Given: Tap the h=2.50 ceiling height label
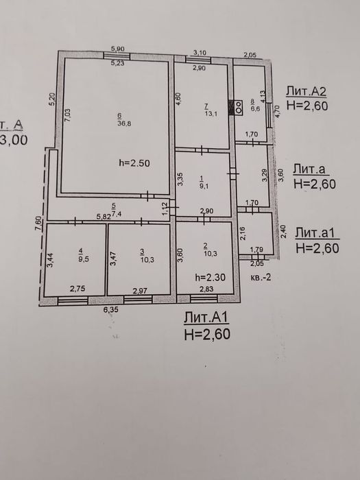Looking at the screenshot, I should pyautogui.click(x=133, y=163).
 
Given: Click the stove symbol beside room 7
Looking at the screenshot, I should pyautogui.click(x=239, y=107).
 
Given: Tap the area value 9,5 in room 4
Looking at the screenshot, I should pyautogui.click(x=84, y=259).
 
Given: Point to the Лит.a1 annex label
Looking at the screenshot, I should pyautogui.click(x=317, y=233).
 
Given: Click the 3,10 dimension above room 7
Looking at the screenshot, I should pyautogui.click(x=200, y=52).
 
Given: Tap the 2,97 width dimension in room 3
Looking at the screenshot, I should pyautogui.click(x=140, y=291).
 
